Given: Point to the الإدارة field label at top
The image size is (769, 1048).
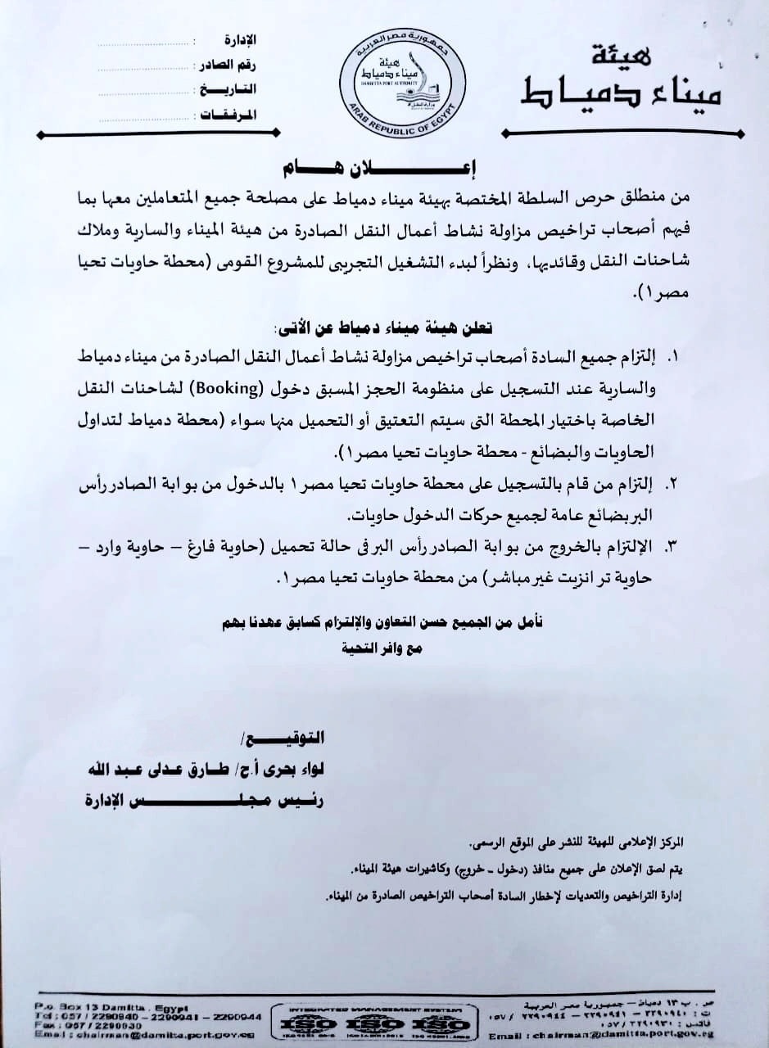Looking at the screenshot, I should coord(239,40).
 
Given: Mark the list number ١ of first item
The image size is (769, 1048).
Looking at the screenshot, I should coord(676,359).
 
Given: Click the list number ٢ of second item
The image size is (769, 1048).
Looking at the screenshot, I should coord(675,484).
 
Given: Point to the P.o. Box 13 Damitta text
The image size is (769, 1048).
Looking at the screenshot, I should coord(111,1006).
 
